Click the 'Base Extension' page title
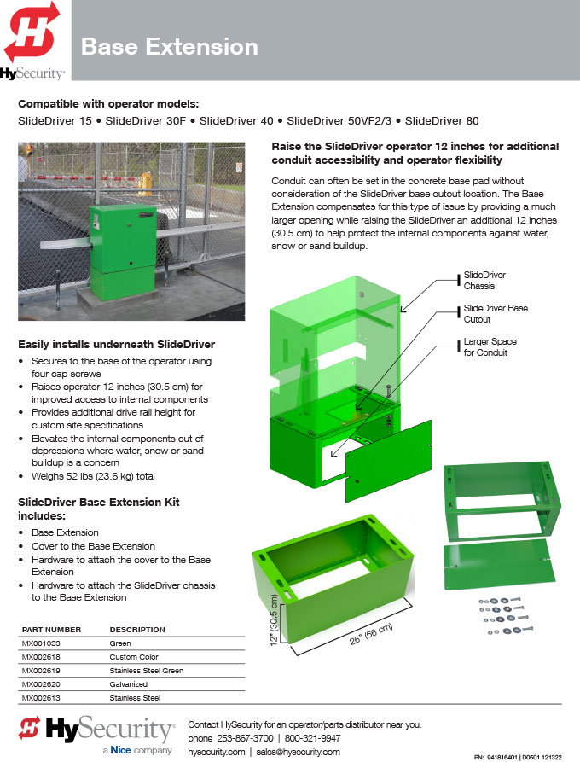tap(169, 47)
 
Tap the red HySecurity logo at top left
tap(32, 32)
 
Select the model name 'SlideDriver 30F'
tap(145, 120)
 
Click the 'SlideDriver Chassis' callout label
tap(484, 281)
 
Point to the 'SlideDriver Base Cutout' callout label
tap(496, 313)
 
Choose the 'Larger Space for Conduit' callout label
tap(490, 347)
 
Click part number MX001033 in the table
tap(41, 643)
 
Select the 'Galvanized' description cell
tap(128, 683)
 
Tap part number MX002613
tap(41, 697)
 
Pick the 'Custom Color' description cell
tap(134, 656)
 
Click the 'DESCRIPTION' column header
tap(137, 630)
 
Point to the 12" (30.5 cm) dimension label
tap(274, 619)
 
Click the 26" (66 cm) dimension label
tap(371, 634)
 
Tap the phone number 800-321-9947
tap(312, 738)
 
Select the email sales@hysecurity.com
tap(298, 752)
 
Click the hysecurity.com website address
tap(216, 752)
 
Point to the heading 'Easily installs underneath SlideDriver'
tap(116, 344)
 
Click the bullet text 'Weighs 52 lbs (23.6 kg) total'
tap(93, 476)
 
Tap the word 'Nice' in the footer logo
tap(120, 750)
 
